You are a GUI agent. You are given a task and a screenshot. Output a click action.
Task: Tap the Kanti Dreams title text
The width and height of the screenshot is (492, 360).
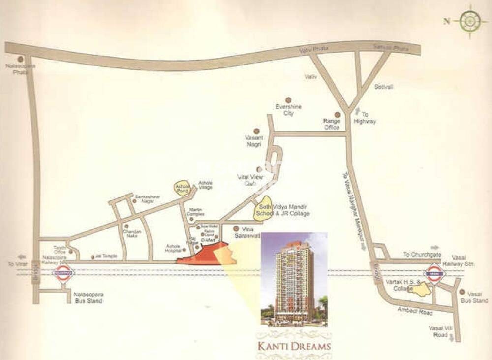point(294,345)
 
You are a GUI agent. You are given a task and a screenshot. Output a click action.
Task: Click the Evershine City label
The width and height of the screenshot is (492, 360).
point(289,110)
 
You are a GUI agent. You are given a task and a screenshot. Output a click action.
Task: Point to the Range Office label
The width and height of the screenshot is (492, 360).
point(331,124)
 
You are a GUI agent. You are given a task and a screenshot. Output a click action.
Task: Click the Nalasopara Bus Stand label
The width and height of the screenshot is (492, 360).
point(88,297)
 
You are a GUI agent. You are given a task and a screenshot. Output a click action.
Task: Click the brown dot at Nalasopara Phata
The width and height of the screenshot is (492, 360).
point(20,59)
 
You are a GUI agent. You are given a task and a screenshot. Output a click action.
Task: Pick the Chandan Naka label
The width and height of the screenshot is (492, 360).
point(132,234)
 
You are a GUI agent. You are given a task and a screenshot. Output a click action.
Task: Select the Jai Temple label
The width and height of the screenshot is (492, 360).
point(105,257)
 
